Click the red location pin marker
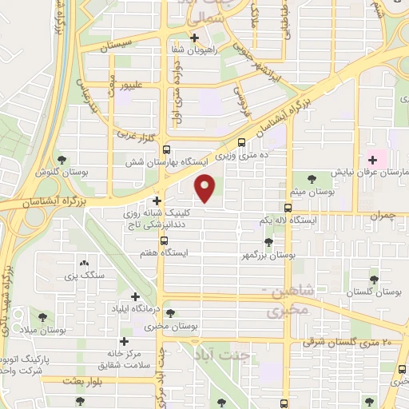206,188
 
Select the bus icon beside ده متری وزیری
242,144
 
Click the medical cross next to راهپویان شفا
194,37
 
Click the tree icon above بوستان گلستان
373,279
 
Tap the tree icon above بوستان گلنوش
63,159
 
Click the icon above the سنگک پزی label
84,262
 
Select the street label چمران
384,216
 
